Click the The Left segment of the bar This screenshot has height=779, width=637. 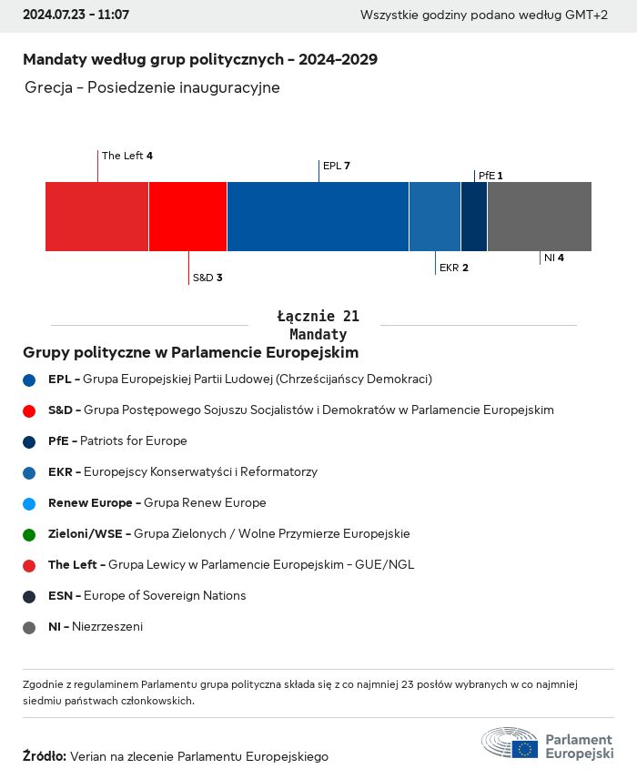(96, 217)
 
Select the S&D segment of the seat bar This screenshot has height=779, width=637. (187, 217)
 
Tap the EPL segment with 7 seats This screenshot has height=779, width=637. (318, 217)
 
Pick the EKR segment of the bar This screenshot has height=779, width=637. (435, 217)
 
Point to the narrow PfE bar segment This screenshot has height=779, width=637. (474, 217)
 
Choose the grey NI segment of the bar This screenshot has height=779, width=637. (540, 217)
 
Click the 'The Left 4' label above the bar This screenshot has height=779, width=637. (127, 156)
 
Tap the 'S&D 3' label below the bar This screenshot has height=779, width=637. (207, 278)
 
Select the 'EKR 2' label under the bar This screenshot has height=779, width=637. (453, 268)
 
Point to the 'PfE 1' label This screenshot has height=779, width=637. (490, 175)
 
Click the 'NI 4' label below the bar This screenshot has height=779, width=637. (554, 258)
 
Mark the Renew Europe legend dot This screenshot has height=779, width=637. (29, 503)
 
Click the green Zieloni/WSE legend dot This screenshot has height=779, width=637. (29, 534)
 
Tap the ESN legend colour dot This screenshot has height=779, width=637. (29, 596)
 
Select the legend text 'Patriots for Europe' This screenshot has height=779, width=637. (134, 440)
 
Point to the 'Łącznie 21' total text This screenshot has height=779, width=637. (318, 317)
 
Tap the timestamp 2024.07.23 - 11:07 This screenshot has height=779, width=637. (76, 15)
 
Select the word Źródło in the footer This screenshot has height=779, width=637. (44, 756)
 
